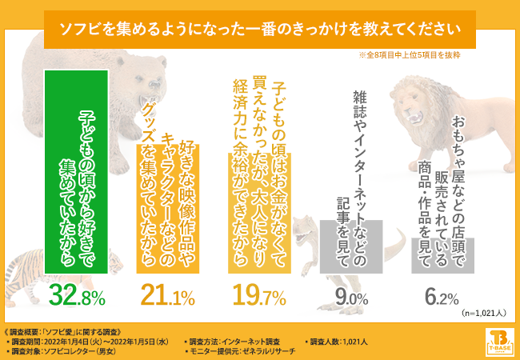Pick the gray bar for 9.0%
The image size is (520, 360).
[x=351, y=247]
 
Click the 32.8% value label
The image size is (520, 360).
[x=78, y=298]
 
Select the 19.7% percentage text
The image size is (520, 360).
[x=259, y=298]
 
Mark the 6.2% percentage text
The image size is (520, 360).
[x=442, y=298]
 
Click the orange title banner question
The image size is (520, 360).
[x=260, y=30]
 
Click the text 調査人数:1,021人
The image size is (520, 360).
[x=339, y=342]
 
